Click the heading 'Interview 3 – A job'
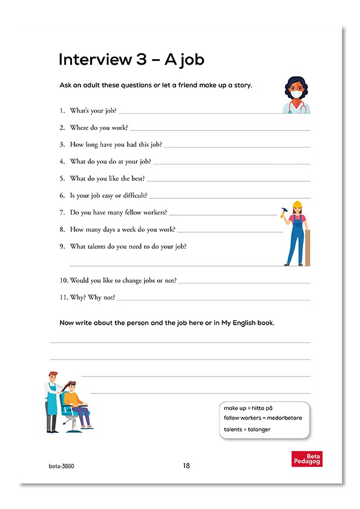click(x=131, y=60)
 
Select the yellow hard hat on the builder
click(x=296, y=204)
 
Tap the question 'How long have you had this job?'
click(x=116, y=144)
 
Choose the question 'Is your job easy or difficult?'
click(x=108, y=195)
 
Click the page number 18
click(x=186, y=466)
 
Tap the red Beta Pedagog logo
click(x=307, y=459)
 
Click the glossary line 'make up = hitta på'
click(x=248, y=408)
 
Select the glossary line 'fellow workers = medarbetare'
click(x=263, y=418)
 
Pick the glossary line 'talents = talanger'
click(x=247, y=429)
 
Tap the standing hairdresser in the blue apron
click(x=53, y=400)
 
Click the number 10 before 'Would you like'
click(x=64, y=280)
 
